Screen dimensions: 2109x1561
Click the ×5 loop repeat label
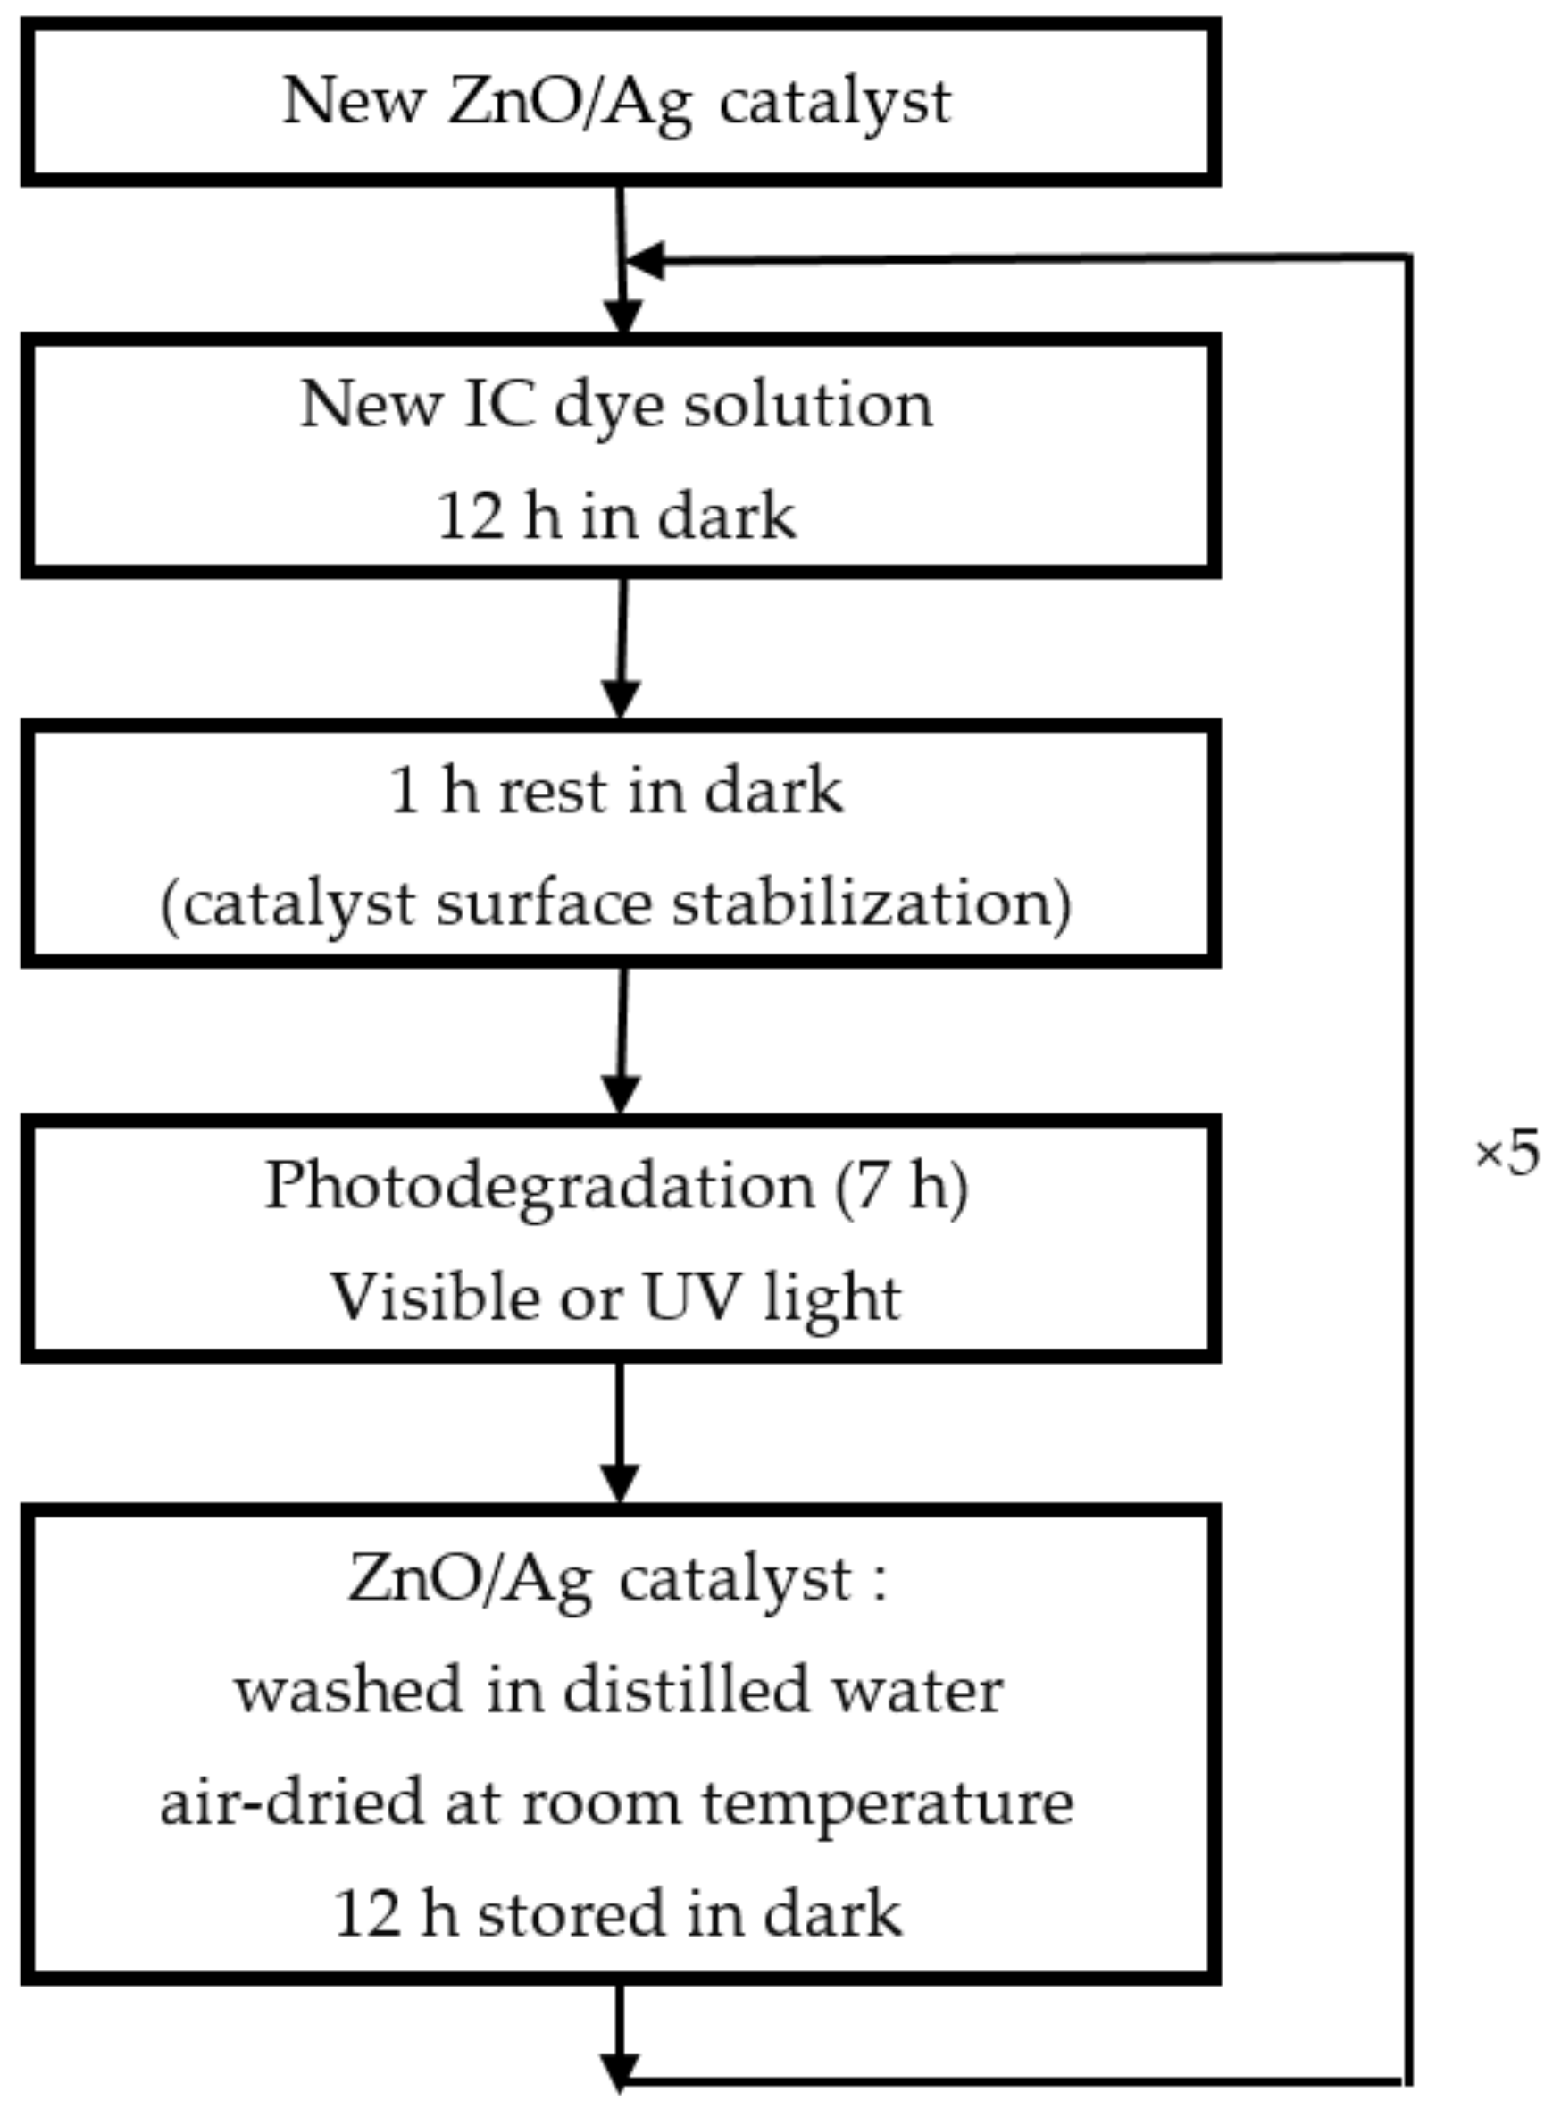[x=1507, y=1155]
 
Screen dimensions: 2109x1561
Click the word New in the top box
[x=354, y=101]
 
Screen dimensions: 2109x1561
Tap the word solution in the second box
[x=808, y=405]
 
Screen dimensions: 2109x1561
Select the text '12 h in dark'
[x=616, y=517]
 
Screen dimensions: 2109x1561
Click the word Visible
[x=435, y=1297]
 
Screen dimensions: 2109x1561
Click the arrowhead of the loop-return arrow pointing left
[x=647, y=261]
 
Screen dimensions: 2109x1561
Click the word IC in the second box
[x=498, y=405]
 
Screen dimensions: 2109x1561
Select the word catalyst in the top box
[x=834, y=101]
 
